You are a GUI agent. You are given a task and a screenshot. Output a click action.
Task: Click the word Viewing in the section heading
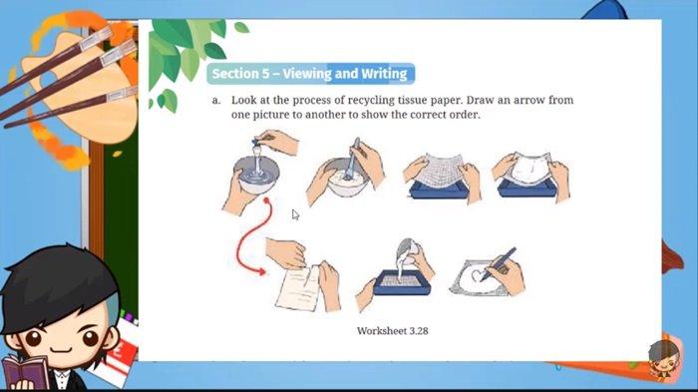[x=307, y=74]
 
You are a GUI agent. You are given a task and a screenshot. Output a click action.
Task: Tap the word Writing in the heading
[x=384, y=74]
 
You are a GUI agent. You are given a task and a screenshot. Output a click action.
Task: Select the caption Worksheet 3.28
[x=392, y=331]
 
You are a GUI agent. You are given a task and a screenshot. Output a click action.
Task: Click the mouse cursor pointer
[x=295, y=214]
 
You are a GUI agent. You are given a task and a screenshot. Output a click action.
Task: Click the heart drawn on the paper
[x=479, y=275]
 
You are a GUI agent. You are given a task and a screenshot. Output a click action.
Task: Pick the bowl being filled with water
[x=256, y=175]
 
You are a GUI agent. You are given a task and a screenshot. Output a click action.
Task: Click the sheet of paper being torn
[x=299, y=287]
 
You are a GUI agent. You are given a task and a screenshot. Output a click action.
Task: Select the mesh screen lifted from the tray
[x=440, y=169]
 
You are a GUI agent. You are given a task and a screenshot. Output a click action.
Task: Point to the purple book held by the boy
[x=26, y=374]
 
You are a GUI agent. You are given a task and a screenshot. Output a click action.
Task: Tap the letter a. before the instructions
[x=216, y=101]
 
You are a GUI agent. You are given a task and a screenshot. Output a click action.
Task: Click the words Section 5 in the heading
[x=240, y=74]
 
